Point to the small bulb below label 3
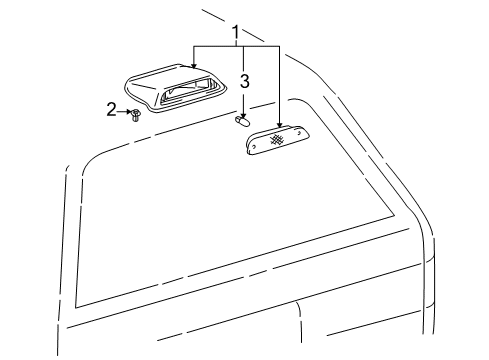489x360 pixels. (x=241, y=122)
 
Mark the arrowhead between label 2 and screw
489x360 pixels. (x=128, y=112)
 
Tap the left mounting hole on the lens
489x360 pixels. (x=255, y=145)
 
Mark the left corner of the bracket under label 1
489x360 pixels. (x=195, y=47)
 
